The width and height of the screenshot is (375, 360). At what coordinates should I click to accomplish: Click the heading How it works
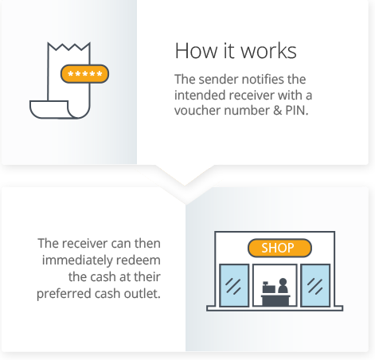pyautogui.click(x=235, y=51)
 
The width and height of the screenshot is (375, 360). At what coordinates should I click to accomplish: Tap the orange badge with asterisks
pyautogui.click(x=84, y=74)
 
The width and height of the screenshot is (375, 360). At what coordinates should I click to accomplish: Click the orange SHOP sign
pyautogui.click(x=278, y=248)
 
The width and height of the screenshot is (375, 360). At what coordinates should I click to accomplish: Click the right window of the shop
pyautogui.click(x=315, y=285)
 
